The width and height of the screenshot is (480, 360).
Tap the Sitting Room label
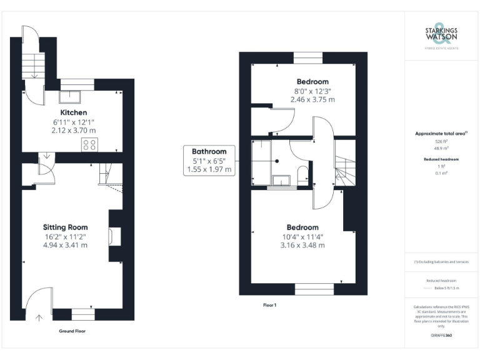pos(65,227)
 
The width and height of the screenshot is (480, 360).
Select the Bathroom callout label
pos(209,151)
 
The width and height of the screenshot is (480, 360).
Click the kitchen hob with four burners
pos(89,144)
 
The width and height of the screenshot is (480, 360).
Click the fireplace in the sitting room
pos(112,236)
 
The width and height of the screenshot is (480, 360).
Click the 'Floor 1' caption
pos(270,305)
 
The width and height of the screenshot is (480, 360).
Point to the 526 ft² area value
pos(441,142)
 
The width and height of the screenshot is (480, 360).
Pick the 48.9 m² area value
pos(441,149)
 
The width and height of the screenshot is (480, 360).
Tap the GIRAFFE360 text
pos(441,336)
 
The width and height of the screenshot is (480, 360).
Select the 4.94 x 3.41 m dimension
pos(65,245)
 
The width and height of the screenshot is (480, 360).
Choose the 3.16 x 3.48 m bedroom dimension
pos(302,245)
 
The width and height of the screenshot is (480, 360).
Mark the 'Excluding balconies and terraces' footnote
pos(441,262)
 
